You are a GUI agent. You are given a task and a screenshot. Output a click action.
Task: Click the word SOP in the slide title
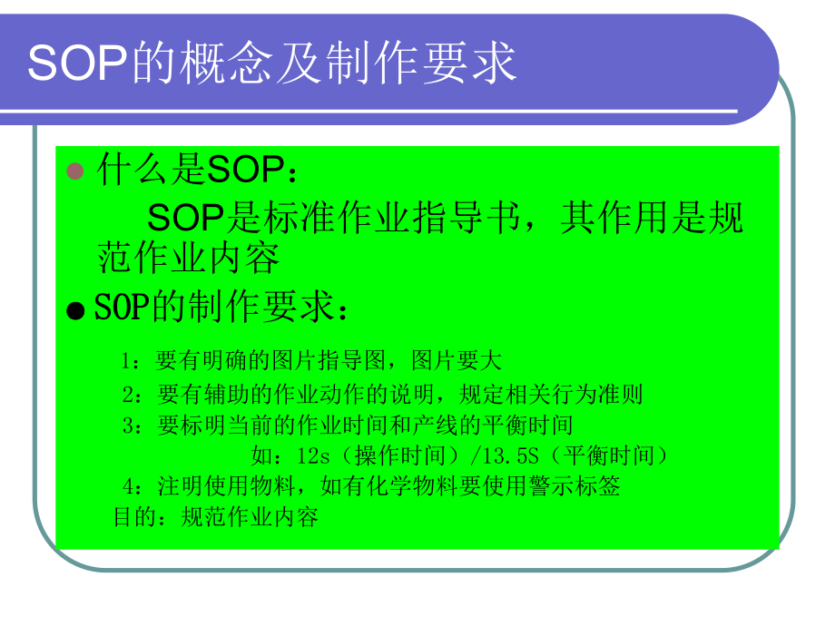click(x=80, y=63)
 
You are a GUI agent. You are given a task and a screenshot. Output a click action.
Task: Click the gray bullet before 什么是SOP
click(x=76, y=171)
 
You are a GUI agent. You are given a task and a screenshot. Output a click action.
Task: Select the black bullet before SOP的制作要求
click(x=76, y=310)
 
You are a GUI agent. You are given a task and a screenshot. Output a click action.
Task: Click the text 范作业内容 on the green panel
click(x=188, y=259)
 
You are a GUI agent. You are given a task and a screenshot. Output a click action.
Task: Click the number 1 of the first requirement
click(x=127, y=361)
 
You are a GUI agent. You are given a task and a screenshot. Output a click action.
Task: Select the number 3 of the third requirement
click(x=128, y=425)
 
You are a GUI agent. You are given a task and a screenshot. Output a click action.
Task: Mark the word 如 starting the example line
click(x=260, y=455)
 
